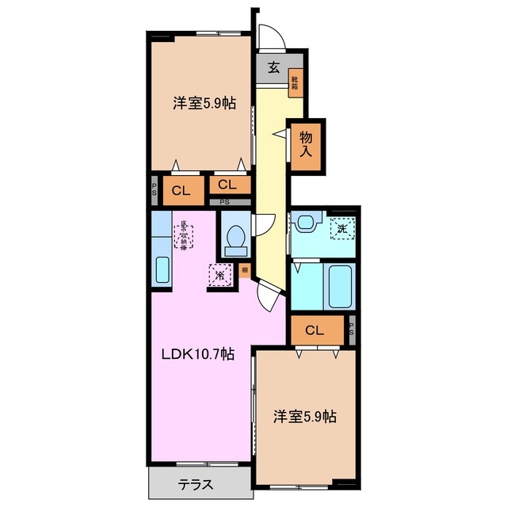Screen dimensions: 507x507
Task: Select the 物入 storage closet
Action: [x=306, y=146]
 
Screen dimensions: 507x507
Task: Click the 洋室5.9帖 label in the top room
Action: [x=204, y=103]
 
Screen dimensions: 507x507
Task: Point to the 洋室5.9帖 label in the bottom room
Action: [x=305, y=415]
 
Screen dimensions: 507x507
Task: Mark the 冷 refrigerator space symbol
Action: [x=219, y=275]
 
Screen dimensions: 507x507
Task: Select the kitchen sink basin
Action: [x=161, y=270]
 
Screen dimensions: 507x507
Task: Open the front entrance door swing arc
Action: [x=270, y=36]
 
